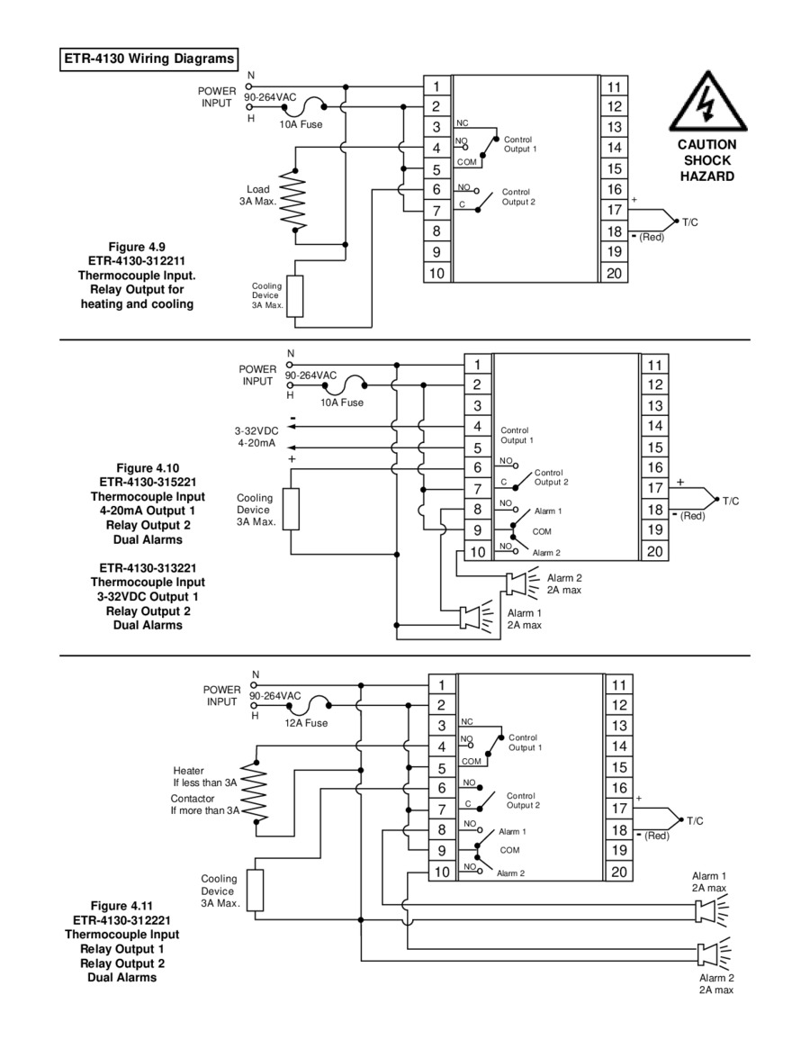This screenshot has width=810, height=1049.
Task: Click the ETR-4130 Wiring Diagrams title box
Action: [x=148, y=59]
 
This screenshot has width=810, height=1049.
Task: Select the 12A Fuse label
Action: [x=306, y=723]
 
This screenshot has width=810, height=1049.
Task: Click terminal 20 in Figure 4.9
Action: [x=614, y=273]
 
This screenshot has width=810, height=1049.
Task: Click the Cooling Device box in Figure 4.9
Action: [x=295, y=295]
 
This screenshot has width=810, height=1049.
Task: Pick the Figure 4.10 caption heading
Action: [x=148, y=468]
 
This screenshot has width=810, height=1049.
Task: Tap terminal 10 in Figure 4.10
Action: [x=478, y=552]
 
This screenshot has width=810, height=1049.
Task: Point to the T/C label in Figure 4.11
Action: [x=695, y=821]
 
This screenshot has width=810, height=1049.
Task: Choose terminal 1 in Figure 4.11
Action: [x=442, y=685]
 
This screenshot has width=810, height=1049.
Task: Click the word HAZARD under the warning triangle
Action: [x=707, y=176]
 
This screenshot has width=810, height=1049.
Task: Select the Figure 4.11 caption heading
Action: [x=121, y=906]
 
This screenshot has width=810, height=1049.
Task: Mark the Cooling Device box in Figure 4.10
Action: [x=291, y=510]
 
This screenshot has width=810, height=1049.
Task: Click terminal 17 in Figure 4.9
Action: [x=614, y=210]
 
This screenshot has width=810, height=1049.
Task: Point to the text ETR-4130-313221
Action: [x=148, y=568]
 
